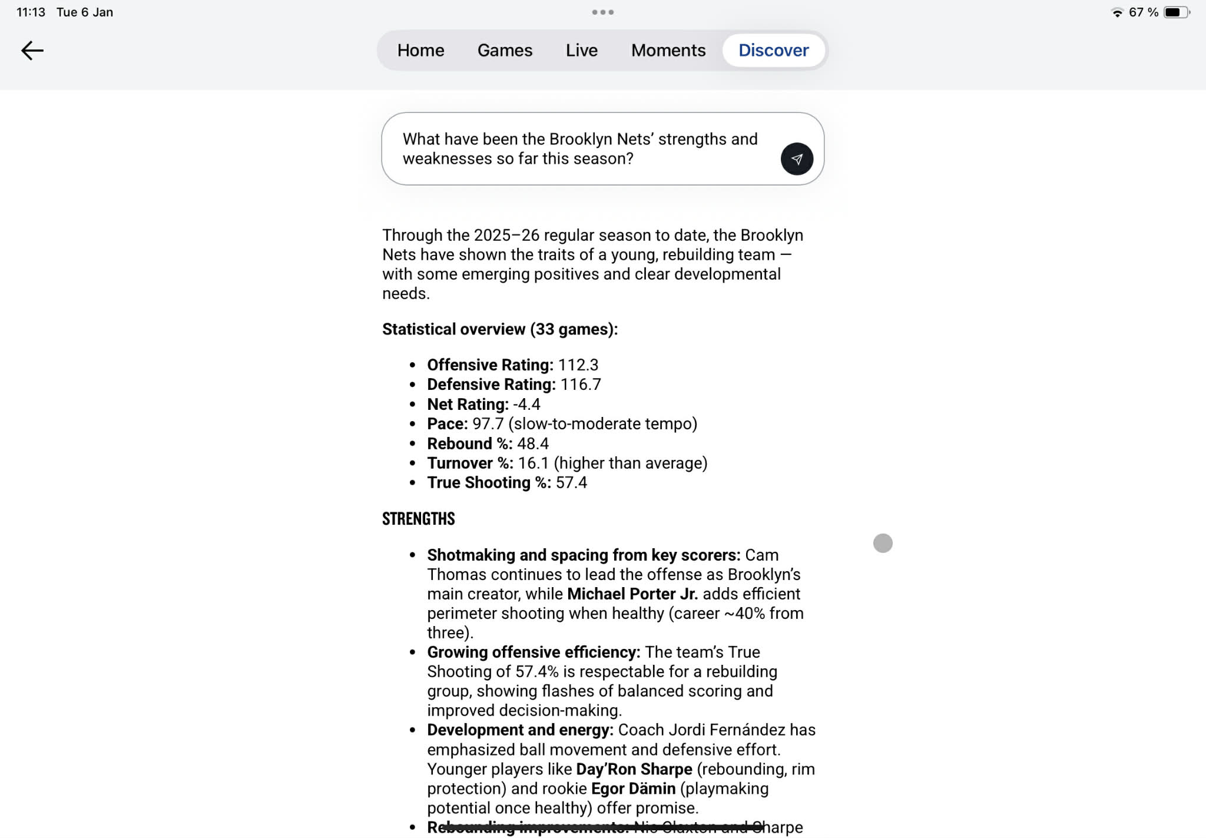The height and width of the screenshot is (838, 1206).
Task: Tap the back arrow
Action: (32, 51)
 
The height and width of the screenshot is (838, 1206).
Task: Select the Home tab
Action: (420, 51)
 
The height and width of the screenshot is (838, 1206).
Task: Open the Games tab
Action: (505, 51)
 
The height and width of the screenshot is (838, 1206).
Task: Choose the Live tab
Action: (581, 51)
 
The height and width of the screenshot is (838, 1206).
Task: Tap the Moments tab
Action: (668, 51)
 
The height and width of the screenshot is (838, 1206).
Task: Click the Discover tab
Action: (773, 51)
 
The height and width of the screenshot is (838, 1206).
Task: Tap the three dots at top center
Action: (602, 12)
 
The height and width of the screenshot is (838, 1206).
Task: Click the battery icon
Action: (1176, 12)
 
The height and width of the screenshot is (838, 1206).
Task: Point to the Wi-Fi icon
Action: (1116, 12)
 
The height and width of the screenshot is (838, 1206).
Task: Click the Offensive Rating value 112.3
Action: (578, 365)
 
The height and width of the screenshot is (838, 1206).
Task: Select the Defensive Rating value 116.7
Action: (581, 385)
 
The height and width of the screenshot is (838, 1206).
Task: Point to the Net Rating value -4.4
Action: (526, 405)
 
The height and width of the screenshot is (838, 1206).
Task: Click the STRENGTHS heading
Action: (418, 519)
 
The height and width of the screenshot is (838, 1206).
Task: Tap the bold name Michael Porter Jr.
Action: (632, 594)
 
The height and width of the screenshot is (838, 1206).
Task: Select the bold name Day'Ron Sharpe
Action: (634, 769)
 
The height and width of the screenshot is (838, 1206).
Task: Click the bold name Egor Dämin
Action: (633, 789)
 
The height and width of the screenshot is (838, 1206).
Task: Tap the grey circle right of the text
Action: (882, 543)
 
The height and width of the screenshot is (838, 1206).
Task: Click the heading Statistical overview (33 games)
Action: (499, 329)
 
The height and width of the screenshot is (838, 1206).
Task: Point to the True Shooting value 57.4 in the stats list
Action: (571, 483)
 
